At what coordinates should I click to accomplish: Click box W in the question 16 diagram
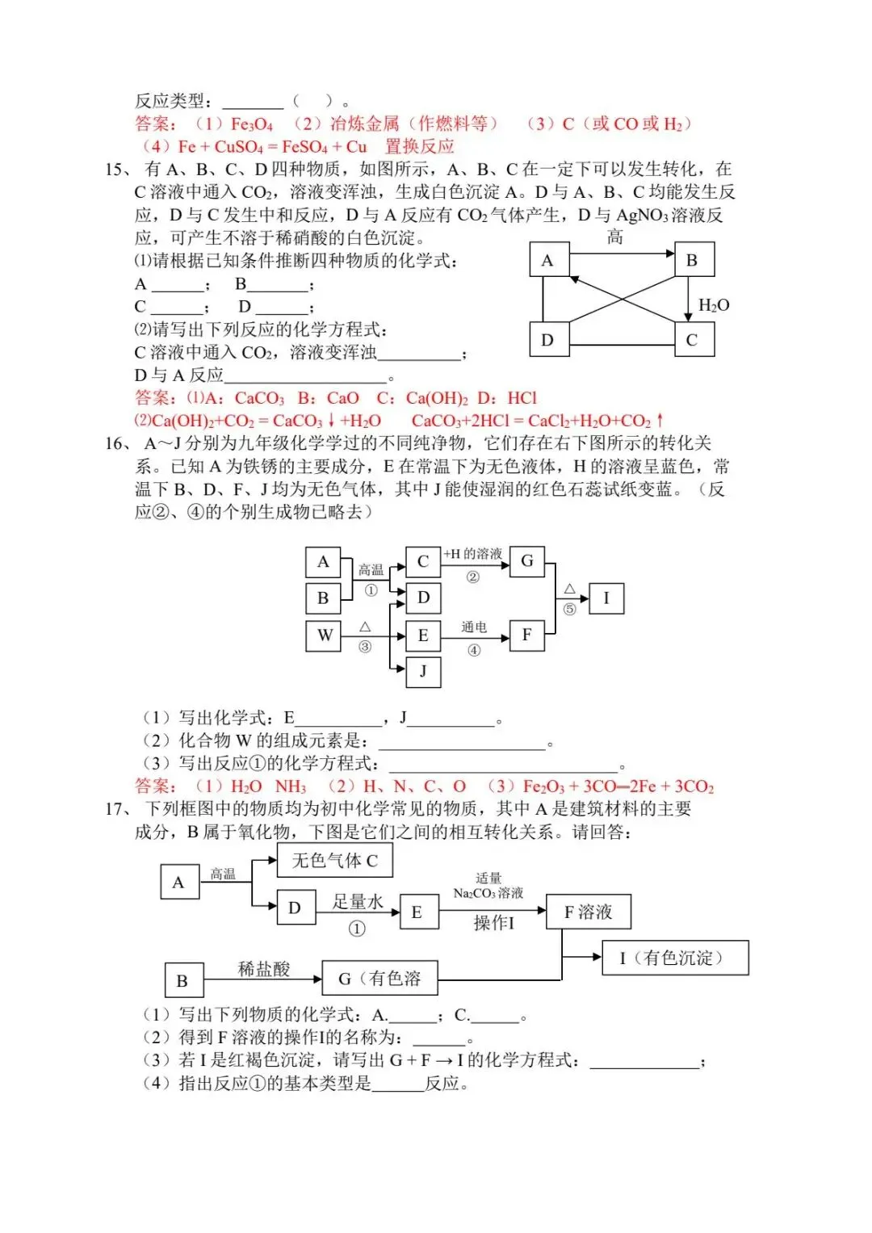(324, 635)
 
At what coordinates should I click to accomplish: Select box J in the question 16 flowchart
(422, 672)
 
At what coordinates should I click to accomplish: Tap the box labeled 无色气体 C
(335, 861)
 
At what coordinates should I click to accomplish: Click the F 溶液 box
(588, 912)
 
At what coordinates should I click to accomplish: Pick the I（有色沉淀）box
(675, 958)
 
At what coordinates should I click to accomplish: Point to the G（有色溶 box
(379, 979)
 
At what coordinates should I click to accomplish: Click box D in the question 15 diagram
(547, 340)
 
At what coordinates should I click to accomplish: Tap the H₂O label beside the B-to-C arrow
(714, 305)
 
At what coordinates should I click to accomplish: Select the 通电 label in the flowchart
(474, 627)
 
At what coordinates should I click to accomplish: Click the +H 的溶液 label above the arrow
(473, 554)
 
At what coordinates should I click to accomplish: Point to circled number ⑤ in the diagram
(569, 610)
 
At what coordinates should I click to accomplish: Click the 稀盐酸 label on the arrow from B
(263, 969)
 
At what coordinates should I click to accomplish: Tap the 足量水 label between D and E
(358, 902)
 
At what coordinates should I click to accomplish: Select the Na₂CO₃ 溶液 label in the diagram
(488, 893)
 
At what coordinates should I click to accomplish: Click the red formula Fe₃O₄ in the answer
(252, 124)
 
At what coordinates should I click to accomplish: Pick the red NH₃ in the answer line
(291, 786)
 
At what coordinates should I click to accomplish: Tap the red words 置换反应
(420, 147)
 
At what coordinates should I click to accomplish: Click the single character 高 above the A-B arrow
(614, 237)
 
